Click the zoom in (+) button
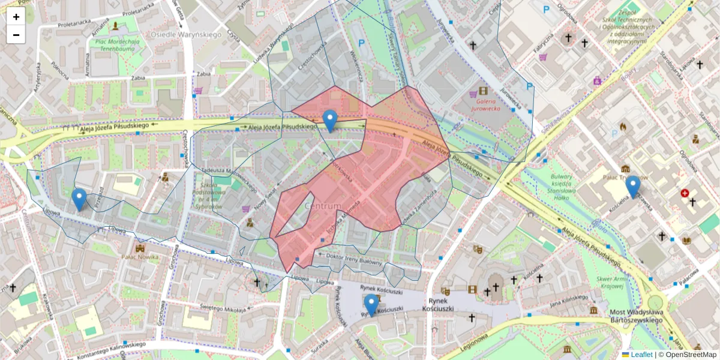pos(16,17)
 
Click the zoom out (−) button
pos(16,35)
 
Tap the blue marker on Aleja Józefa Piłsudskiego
pos(329,121)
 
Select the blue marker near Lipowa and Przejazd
pos(79,199)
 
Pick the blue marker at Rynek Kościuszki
pos(371,305)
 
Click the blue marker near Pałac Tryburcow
pos(632,187)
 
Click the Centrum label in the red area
pos(323,206)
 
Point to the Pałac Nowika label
pos(140,257)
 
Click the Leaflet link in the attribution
pos(641,355)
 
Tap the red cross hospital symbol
pos(685,193)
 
